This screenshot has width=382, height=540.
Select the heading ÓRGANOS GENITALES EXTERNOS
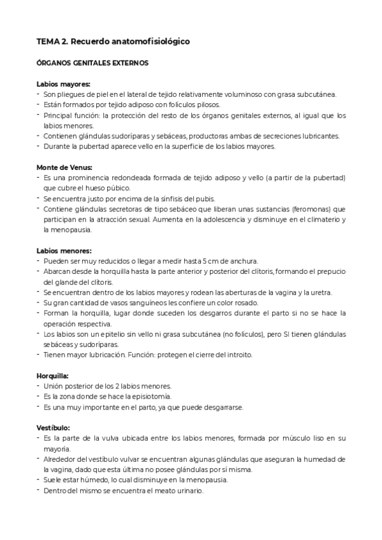92,63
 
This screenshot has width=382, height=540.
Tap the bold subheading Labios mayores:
63,84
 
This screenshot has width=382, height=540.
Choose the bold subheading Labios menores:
64,250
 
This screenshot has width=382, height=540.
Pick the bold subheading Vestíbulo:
52,427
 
